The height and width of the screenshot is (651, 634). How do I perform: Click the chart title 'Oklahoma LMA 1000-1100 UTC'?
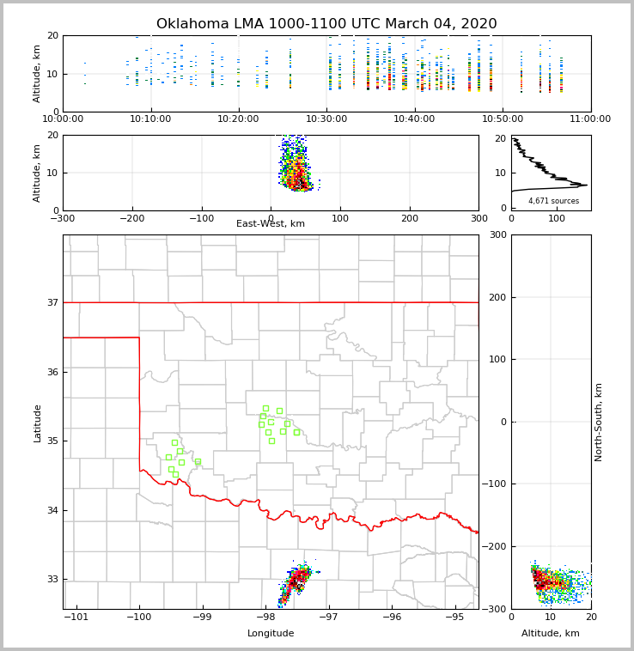click(326, 24)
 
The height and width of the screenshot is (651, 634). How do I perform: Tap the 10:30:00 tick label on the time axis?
click(326, 119)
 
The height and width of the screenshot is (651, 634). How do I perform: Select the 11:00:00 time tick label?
click(590, 119)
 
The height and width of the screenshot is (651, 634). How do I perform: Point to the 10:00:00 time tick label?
click(64, 119)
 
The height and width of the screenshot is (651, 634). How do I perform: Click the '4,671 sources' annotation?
click(553, 201)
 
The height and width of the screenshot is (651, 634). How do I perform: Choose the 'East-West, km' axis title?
click(271, 224)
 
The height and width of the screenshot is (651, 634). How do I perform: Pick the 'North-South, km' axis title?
click(599, 422)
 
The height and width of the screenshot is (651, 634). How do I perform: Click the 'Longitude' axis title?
click(271, 634)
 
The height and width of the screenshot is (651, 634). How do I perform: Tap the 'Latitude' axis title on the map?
click(38, 423)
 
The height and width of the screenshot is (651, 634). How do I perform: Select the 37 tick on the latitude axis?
click(52, 302)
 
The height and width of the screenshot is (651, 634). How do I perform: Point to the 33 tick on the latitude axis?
click(52, 579)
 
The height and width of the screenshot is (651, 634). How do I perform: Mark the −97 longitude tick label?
click(328, 617)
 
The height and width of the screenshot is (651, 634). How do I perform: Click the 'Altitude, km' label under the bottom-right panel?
click(551, 634)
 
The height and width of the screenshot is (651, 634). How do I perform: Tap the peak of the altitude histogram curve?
click(586, 185)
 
